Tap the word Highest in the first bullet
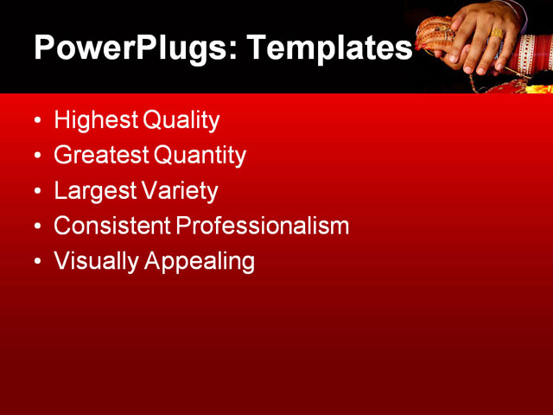95,120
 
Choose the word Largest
92,191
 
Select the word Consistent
111,227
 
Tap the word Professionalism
263,227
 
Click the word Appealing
199,262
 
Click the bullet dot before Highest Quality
37,121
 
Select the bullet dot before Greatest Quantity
37,156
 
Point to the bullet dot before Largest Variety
37,192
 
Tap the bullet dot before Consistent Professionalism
37,227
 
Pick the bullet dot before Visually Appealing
37,262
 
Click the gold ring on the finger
496,35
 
